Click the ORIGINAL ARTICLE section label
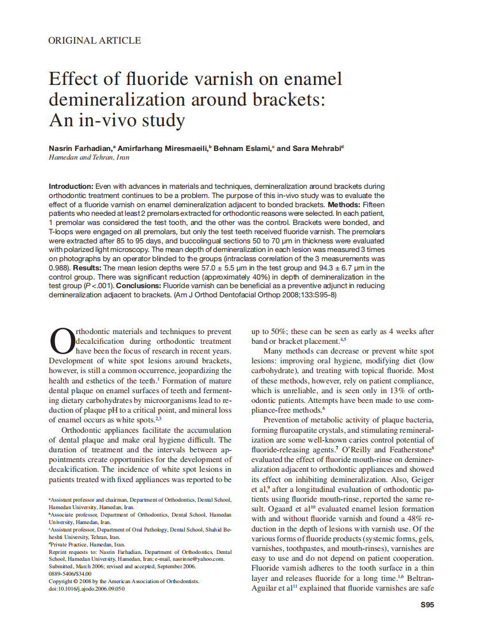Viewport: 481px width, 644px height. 95,40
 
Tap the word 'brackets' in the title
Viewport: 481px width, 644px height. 275,99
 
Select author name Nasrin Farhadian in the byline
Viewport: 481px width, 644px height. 80,148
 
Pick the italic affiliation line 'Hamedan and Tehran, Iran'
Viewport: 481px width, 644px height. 89,157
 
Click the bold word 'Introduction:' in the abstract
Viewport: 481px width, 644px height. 71,187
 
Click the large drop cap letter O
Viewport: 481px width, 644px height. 61,342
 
